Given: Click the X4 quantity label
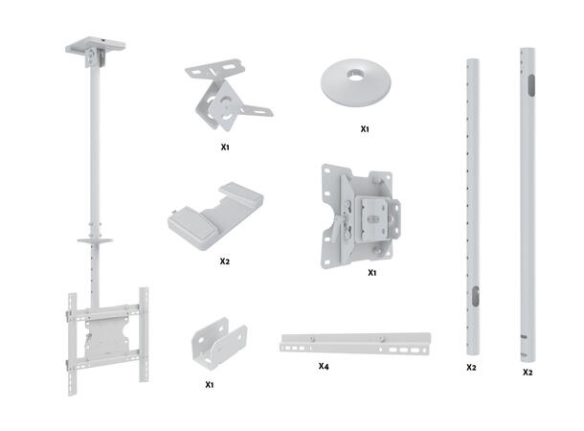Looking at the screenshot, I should point(325,366).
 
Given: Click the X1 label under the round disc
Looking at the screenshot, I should point(365,127).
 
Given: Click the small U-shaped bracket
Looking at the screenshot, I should point(219,342).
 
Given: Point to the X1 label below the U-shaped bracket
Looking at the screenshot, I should point(211,384).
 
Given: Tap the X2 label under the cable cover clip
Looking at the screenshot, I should point(224,261).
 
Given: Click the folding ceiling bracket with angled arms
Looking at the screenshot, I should point(227,99).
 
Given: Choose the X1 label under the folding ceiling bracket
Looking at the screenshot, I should point(225,148).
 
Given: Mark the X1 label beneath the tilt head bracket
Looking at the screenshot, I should point(372,272).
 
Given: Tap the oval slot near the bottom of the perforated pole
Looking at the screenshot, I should point(473,298).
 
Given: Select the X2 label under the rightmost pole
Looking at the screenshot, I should point(528,372).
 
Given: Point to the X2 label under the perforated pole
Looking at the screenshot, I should point(471,367).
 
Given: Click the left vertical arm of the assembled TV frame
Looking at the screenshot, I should point(70,340).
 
